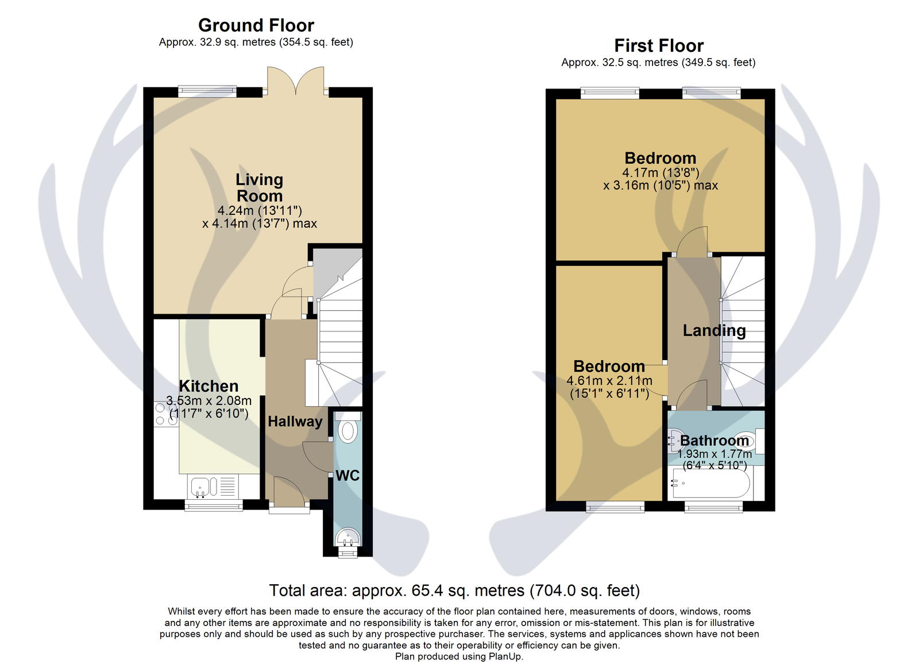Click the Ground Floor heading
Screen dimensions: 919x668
point(256,25)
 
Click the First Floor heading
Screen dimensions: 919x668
point(658,45)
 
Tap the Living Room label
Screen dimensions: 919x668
point(259,187)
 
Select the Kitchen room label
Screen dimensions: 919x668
point(208,386)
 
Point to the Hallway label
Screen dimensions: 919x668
point(295,422)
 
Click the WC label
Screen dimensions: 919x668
point(347,476)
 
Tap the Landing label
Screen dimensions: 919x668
point(714,331)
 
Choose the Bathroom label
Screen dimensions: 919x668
point(715,441)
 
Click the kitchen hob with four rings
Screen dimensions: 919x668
point(166,414)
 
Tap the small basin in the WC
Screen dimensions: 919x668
point(347,536)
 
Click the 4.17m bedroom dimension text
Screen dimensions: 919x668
point(661,172)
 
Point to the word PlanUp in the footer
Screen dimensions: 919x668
point(505,657)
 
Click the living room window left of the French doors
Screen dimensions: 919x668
point(207,91)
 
